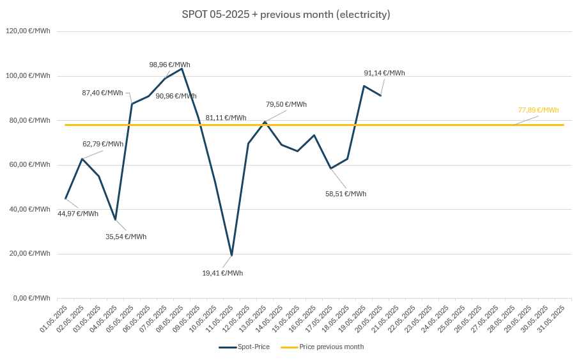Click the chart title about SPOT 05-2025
click(286, 14)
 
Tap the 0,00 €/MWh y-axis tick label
click(32, 298)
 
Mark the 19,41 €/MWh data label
click(222, 273)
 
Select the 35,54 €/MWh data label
click(126, 237)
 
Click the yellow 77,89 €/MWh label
click(538, 110)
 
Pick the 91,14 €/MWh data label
click(384, 73)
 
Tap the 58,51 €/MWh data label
click(346, 194)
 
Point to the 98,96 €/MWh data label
click(169, 65)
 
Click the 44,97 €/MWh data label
click(78, 214)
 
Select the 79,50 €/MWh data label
click(286, 104)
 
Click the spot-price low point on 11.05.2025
click(231, 255)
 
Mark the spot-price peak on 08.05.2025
click(182, 68)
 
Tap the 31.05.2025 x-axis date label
click(553, 320)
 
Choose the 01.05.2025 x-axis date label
click(54, 320)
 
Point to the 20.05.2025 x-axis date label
click(370, 320)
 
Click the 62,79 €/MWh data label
click(103, 144)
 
